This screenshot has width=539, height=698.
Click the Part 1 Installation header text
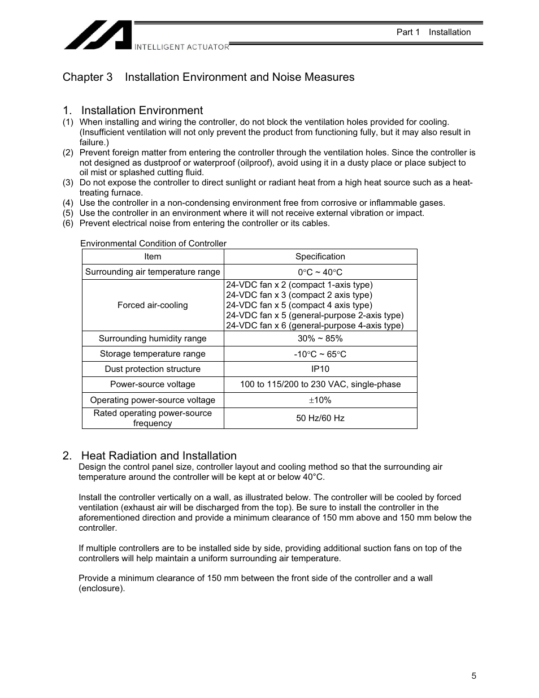[433, 32]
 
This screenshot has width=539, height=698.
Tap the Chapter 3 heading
[208, 77]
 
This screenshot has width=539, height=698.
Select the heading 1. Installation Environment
[133, 110]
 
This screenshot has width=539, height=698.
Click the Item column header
[153, 257]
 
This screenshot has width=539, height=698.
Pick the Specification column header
[320, 257]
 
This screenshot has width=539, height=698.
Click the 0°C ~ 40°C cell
[320, 272]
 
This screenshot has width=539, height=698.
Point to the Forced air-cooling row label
[153, 305]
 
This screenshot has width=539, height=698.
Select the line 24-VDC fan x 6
[314, 326]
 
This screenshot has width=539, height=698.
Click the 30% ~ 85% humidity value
[320, 339]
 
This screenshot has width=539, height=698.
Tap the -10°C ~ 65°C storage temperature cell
[320, 354]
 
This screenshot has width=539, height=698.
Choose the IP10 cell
[320, 369]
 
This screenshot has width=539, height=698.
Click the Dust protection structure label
[153, 369]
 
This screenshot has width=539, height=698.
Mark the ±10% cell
[320, 400]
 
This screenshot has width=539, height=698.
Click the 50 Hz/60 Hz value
[320, 418]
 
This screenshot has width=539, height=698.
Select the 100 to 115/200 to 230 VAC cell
[320, 384]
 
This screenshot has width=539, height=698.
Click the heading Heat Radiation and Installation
[150, 456]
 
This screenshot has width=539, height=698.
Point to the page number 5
[473, 676]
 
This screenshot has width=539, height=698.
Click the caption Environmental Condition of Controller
[153, 244]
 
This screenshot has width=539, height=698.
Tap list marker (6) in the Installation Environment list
[68, 223]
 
